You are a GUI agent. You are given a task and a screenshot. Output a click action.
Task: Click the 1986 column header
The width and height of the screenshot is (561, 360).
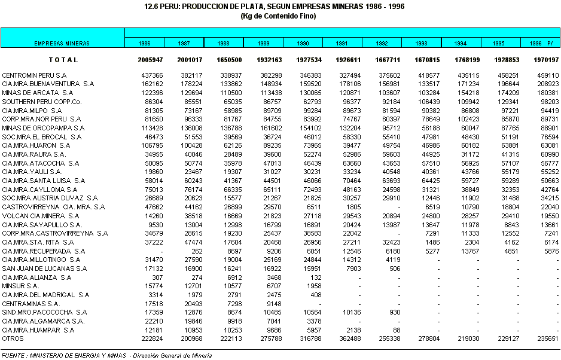tap(144, 44)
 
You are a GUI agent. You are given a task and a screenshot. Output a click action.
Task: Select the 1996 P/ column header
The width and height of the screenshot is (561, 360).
tap(540, 44)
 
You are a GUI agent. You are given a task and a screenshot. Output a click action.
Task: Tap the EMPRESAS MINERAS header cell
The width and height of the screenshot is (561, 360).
tap(62, 44)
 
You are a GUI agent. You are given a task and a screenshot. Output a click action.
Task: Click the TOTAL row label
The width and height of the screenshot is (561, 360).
tap(63, 60)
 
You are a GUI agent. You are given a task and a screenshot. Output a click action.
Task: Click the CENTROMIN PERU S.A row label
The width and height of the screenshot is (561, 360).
tap(34, 75)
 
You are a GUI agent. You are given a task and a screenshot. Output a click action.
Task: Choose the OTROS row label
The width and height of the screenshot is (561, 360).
tap(13, 338)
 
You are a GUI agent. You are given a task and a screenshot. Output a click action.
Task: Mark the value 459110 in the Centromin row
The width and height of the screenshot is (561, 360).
tap(547, 75)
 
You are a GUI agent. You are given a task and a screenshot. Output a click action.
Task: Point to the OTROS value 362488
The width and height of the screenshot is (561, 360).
tap(349, 338)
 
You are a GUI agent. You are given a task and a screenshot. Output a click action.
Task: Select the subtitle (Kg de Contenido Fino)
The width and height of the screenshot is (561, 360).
tap(280, 16)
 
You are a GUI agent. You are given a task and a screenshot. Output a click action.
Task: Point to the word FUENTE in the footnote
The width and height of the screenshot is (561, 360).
tap(13, 355)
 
